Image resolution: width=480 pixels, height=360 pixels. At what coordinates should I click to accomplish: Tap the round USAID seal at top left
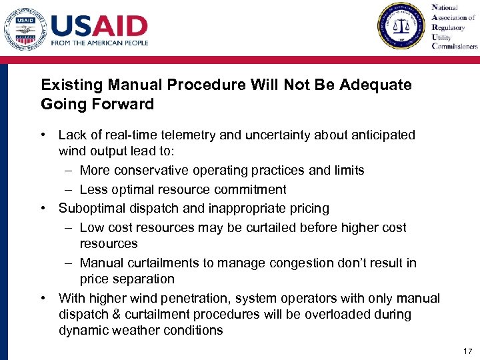(25, 27)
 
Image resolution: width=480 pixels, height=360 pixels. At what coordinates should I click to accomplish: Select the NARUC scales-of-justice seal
(401, 26)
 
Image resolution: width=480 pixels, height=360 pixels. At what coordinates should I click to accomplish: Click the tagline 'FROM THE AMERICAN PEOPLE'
(99, 43)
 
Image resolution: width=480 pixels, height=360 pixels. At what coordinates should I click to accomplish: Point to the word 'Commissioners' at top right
(455, 46)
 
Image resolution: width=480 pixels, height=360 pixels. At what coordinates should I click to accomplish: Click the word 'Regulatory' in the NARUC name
(449, 27)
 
